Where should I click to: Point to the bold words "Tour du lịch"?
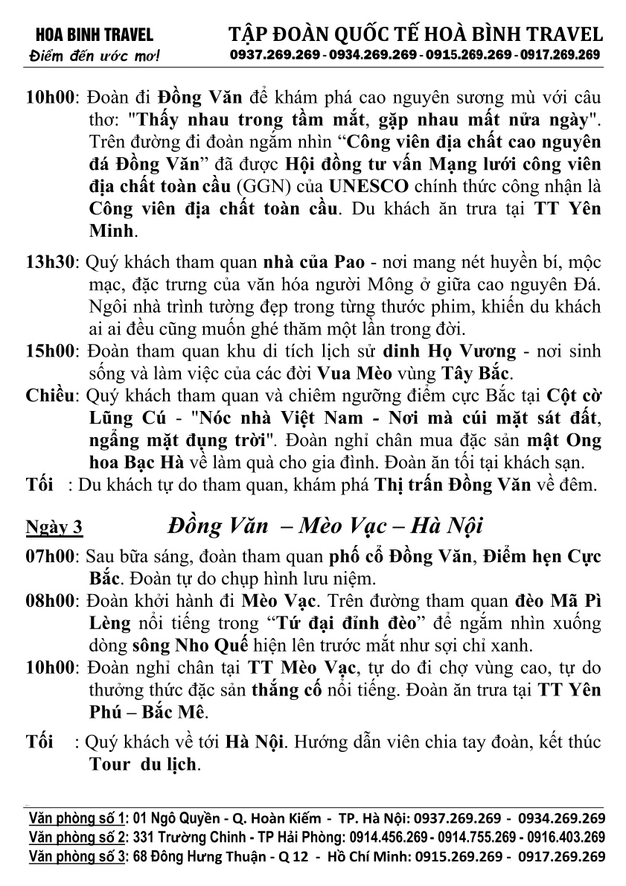click(143, 764)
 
